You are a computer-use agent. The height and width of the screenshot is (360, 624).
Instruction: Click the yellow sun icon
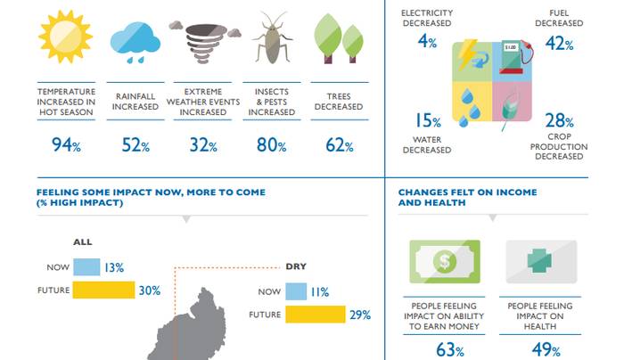coord(66,37)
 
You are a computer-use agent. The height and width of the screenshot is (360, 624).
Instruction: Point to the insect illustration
coord(272,37)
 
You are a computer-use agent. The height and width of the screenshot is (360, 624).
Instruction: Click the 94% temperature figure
coord(66,144)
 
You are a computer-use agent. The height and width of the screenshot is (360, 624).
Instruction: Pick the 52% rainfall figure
coord(135,145)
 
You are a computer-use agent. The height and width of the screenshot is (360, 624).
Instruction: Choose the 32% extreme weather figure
coord(203,145)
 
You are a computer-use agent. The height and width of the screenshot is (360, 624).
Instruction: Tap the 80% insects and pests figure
coord(271,144)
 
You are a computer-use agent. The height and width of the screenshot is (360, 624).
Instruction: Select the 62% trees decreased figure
coord(340,145)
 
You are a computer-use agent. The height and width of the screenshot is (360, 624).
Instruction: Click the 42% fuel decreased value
coord(559,43)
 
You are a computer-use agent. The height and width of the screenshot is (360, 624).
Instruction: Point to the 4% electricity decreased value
coord(427,41)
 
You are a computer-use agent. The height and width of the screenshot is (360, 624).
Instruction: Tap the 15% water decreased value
coord(428,120)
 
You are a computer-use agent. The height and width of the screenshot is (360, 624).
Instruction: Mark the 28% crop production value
coord(559,120)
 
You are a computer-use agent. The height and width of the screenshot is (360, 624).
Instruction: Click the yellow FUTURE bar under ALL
coord(104,290)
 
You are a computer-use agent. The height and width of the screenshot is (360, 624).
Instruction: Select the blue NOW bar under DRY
coord(296,291)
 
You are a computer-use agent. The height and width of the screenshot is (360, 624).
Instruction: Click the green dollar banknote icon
coord(445,261)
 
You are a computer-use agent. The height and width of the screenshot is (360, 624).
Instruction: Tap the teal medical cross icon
coord(539,261)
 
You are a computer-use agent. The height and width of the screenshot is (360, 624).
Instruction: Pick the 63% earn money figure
coord(450,350)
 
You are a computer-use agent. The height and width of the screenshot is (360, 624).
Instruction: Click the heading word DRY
coord(296,266)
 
